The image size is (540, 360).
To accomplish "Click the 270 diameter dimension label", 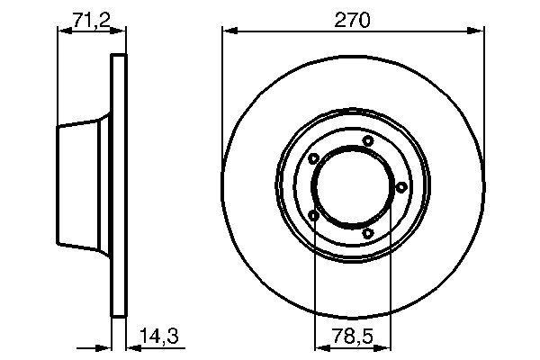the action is click(352, 20).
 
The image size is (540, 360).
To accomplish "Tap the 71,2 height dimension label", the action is click(92, 20).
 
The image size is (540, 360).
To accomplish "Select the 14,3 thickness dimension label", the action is click(159, 336).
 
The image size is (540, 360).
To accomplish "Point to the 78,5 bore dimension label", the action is click(353, 336).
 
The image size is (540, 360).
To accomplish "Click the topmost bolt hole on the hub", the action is click(368, 140).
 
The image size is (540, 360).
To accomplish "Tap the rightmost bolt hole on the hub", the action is click(401, 187).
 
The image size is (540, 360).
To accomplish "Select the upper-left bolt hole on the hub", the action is click(313, 158).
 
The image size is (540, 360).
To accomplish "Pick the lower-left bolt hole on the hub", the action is click(313, 216).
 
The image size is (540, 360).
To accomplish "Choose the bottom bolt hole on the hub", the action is click(368, 233).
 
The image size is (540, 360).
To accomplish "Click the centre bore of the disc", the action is click(353, 187).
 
